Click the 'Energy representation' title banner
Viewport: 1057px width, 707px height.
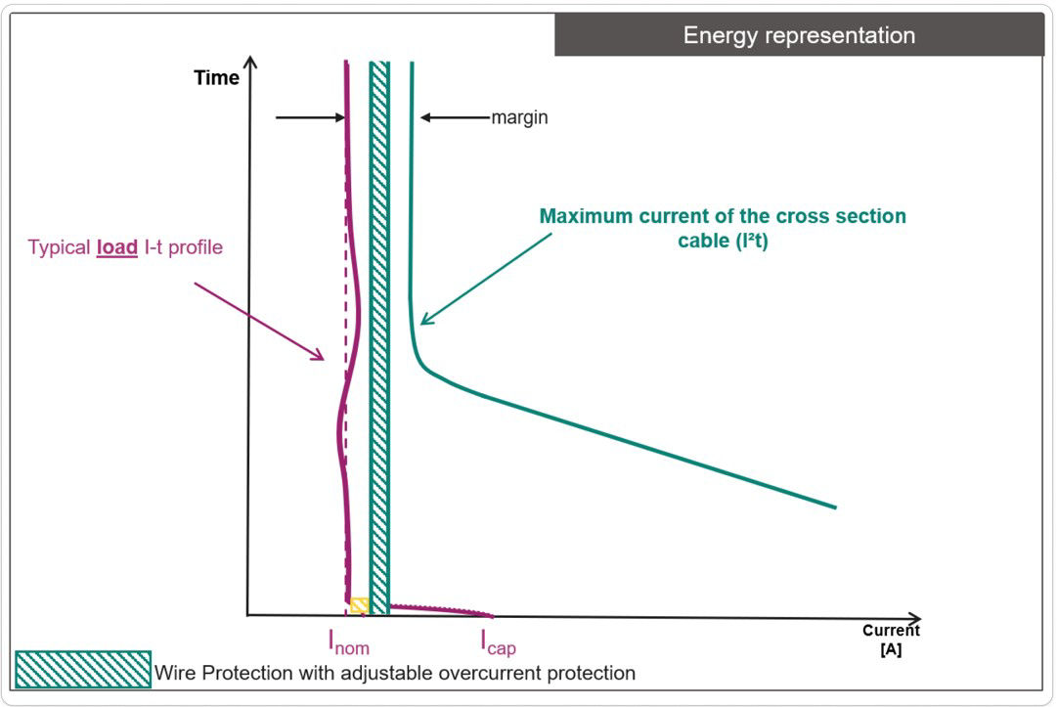(799, 36)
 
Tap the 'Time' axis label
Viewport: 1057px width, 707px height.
(216, 78)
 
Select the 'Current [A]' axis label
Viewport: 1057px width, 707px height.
(891, 640)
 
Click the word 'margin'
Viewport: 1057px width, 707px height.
(519, 117)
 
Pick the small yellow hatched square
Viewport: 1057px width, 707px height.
(359, 605)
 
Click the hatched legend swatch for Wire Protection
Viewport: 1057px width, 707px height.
(83, 670)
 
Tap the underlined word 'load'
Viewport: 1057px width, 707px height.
(116, 247)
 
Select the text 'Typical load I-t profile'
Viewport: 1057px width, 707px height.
(125, 247)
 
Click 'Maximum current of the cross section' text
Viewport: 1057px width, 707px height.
(723, 216)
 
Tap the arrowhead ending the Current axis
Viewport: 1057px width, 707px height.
(915, 618)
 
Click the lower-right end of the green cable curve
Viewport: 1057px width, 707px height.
(834, 507)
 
